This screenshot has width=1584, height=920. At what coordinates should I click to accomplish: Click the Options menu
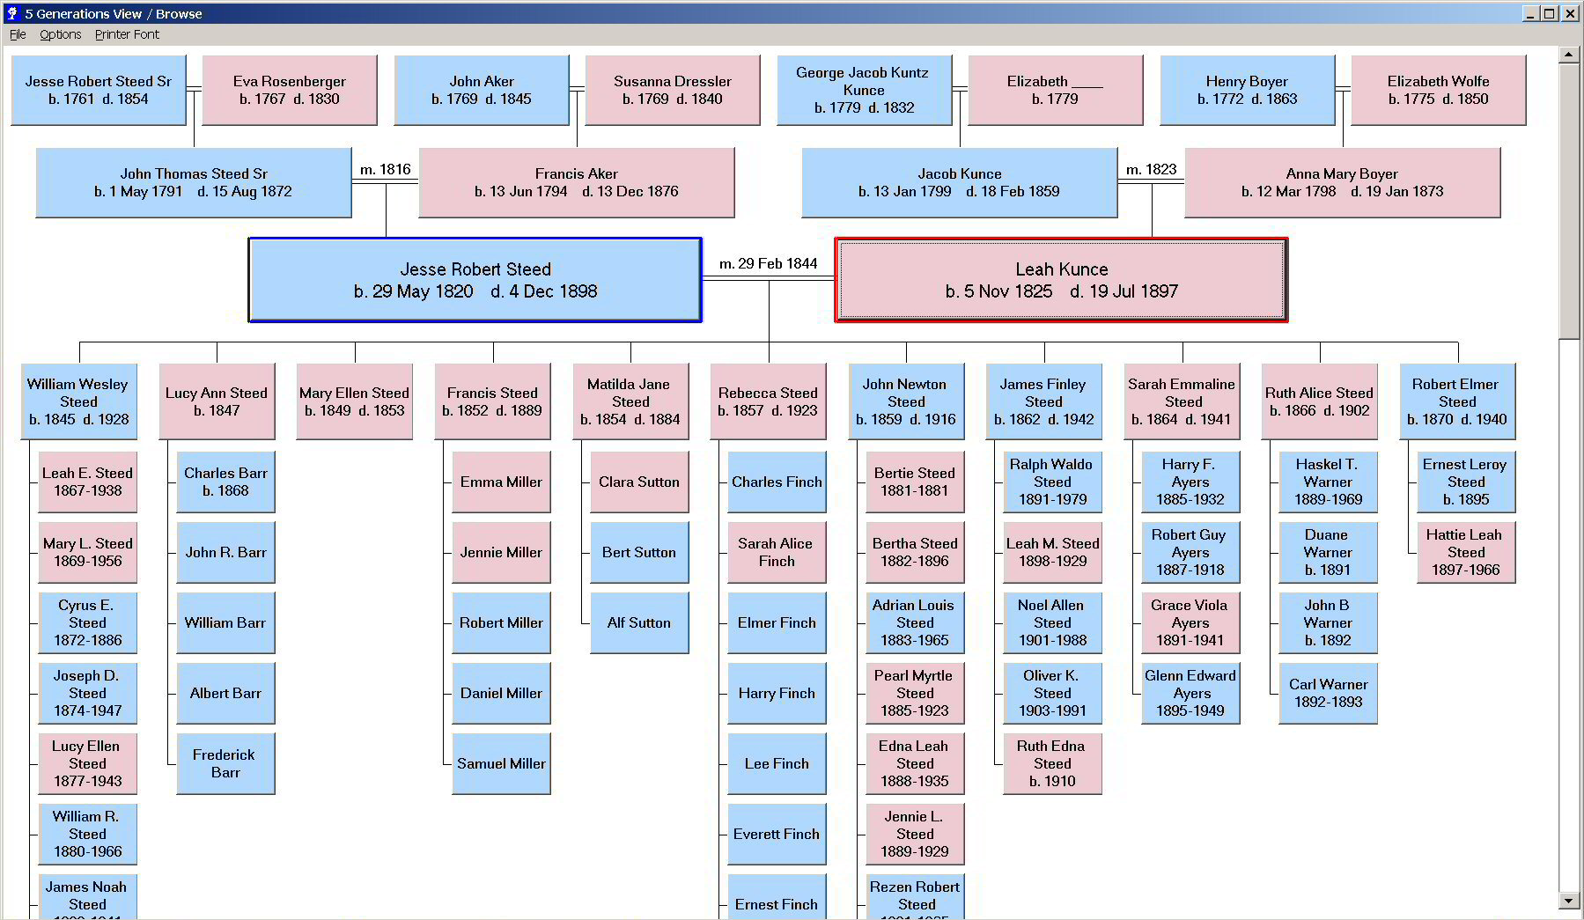pos(60,34)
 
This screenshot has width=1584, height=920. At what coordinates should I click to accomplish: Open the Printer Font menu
pos(127,34)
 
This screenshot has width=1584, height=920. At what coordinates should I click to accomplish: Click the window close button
pos(1570,13)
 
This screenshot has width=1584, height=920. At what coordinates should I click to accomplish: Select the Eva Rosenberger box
pos(290,90)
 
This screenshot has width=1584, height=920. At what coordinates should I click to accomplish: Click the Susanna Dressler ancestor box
pos(673,90)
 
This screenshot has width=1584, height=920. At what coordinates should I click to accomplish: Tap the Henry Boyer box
pos(1247,90)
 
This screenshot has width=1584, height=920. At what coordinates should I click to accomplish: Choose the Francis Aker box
pos(577,182)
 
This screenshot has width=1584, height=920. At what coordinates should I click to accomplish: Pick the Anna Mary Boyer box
pos(1342,182)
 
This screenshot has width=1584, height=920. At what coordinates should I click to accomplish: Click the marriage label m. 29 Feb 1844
pos(768,263)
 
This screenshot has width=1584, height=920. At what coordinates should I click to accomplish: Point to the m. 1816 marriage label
pos(386,169)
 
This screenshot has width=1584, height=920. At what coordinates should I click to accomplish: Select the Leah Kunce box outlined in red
pos(1061,280)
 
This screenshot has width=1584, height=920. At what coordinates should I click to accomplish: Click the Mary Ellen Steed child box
pos(354,401)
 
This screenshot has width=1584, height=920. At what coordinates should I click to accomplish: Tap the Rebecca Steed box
pos(768,401)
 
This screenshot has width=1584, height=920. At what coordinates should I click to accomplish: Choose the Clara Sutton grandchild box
pos(639,482)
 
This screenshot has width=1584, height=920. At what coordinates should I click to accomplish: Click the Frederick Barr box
pos(225,763)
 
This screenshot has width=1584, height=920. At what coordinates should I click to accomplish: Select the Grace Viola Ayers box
pos(1190,622)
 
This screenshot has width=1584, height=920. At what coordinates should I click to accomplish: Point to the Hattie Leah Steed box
pos(1466,552)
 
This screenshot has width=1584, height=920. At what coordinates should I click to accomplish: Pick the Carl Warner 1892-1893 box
pos(1328,693)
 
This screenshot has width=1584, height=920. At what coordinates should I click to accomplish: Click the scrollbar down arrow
pos(1568,901)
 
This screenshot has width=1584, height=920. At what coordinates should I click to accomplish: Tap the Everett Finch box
pos(777,834)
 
